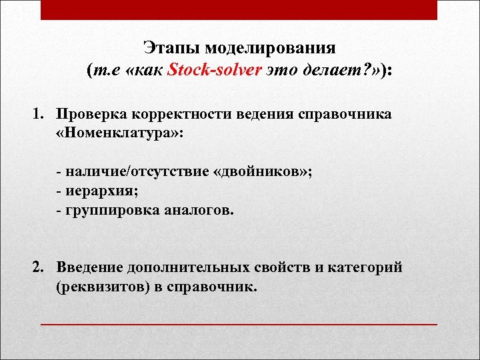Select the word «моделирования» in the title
pos(271,49)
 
